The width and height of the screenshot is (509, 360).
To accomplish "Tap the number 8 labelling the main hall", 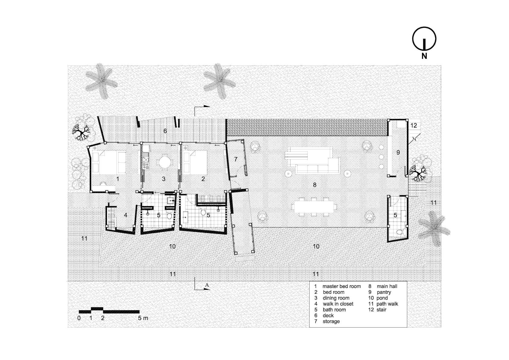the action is pos(315,185).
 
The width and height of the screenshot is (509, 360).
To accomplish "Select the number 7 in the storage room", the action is pos(236,159).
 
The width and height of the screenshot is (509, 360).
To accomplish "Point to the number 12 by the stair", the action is pos(414,125).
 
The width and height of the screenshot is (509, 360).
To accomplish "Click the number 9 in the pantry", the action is pos(398,152).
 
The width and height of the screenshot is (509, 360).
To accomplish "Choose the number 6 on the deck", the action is pos(165,131).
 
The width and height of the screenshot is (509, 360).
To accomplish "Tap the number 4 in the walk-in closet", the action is pos(126,215).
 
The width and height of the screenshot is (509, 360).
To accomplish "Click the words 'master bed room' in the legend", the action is pos(341,286).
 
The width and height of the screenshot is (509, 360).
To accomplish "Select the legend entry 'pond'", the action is pos(382,298).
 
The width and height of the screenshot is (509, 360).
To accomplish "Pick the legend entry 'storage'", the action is pos(331,321).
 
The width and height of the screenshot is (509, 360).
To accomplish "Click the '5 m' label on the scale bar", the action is pos(143,318).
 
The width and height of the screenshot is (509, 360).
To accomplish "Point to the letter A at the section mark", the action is pos(207,285).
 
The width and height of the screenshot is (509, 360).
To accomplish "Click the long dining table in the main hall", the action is pos(314,207).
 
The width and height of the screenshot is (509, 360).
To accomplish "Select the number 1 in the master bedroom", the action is pos(118,179).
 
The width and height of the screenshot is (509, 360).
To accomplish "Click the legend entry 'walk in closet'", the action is pos(338,304).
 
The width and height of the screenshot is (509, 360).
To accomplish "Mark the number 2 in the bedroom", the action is pos(203,179).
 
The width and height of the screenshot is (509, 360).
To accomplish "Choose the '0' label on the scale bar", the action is pos(79,318).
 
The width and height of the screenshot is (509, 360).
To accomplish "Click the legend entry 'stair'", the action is pos(381,310).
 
